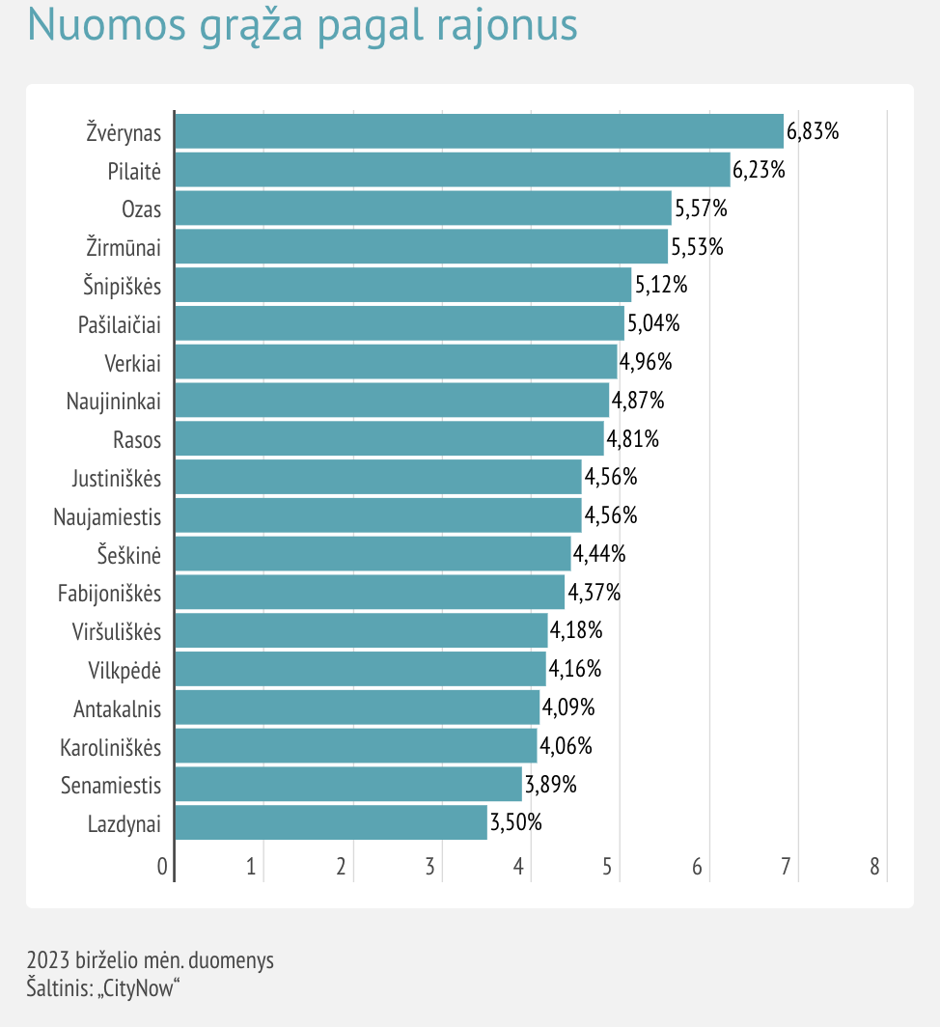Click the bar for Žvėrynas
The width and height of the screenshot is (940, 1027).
tap(479, 131)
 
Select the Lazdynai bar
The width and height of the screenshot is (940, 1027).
tap(331, 823)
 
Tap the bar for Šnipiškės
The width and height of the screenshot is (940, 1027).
tap(402, 286)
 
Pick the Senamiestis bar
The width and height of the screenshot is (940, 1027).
tap(348, 785)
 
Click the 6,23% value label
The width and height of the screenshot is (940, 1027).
tap(759, 170)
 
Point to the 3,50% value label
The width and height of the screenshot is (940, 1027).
tap(516, 823)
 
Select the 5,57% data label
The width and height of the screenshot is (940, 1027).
tap(701, 208)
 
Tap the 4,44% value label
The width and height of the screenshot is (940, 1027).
tap(599, 554)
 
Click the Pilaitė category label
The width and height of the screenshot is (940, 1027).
tap(134, 171)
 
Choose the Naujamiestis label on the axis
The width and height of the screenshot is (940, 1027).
tap(107, 516)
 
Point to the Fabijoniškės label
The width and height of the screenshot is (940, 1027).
tap(109, 593)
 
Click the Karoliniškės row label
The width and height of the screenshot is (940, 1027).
tap(111, 747)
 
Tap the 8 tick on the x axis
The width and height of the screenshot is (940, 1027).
tap(874, 867)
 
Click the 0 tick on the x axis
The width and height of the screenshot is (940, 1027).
tap(162, 867)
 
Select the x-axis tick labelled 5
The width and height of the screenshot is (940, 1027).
tap(608, 867)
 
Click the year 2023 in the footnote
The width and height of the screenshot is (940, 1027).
tap(47, 961)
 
